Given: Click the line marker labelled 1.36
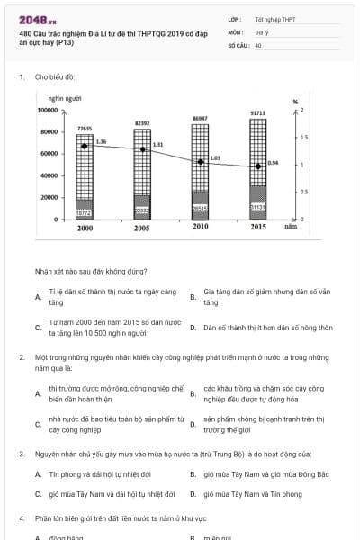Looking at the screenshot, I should (85, 146).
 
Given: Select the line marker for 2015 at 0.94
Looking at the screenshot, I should (258, 166).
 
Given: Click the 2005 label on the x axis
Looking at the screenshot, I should (142, 229).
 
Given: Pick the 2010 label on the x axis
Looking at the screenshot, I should (201, 229).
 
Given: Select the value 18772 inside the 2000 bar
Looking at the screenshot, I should (85, 212).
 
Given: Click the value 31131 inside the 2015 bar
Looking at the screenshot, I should (258, 207).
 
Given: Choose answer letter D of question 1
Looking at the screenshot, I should (193, 328).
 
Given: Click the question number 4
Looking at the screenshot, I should (21, 519).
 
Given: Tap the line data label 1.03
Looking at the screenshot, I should (215, 157).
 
